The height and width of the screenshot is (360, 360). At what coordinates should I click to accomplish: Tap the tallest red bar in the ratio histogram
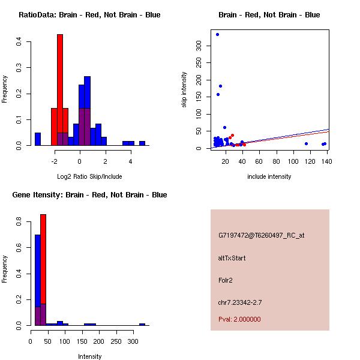60,90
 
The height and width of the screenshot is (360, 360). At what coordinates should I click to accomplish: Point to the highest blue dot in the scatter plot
217,34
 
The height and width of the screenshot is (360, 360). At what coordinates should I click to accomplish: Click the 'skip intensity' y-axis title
184,90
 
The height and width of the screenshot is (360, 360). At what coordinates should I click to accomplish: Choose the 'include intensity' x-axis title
269,176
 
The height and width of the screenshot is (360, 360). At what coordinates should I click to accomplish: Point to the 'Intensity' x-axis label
89,356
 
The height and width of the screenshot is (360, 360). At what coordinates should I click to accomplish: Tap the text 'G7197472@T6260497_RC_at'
261,235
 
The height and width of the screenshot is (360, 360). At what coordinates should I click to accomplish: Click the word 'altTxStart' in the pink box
232,258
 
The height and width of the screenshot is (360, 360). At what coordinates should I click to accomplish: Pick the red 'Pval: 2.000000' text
239,319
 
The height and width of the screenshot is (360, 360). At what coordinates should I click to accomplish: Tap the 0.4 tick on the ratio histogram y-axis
20,41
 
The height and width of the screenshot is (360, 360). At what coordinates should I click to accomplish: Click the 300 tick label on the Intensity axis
133,341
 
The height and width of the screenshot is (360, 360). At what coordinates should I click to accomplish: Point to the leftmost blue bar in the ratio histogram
37,139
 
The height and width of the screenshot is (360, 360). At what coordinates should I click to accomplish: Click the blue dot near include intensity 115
306,143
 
